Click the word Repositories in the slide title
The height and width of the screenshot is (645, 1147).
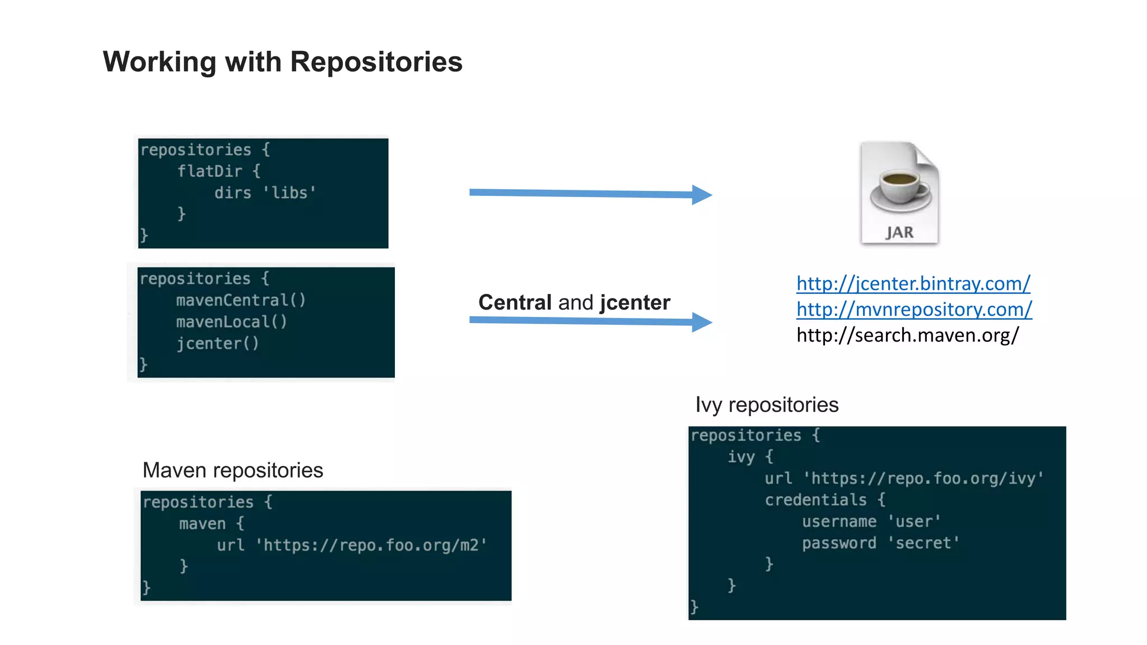[x=376, y=62]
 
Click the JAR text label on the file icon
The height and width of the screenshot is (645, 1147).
[x=899, y=232]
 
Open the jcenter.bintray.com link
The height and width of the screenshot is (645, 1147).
[x=913, y=283]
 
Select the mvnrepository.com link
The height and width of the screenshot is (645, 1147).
[x=914, y=309]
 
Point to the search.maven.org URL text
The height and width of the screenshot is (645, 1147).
[x=907, y=335]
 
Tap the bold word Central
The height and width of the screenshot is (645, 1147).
[x=515, y=302]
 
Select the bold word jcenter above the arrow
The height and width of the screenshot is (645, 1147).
[x=635, y=302]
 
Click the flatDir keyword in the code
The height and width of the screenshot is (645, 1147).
[x=210, y=171]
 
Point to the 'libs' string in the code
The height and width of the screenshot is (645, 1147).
[x=290, y=193]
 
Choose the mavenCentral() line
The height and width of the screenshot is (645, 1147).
[x=241, y=300]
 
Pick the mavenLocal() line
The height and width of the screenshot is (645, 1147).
[x=231, y=322]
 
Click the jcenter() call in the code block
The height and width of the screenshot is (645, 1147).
[x=217, y=343]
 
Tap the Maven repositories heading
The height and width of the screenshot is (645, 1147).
[x=232, y=470]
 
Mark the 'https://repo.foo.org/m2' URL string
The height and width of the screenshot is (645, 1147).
[x=371, y=545]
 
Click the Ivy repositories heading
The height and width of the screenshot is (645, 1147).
[x=766, y=405]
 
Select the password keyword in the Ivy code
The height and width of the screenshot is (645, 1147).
[x=838, y=543]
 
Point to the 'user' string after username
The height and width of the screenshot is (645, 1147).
[x=914, y=521]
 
